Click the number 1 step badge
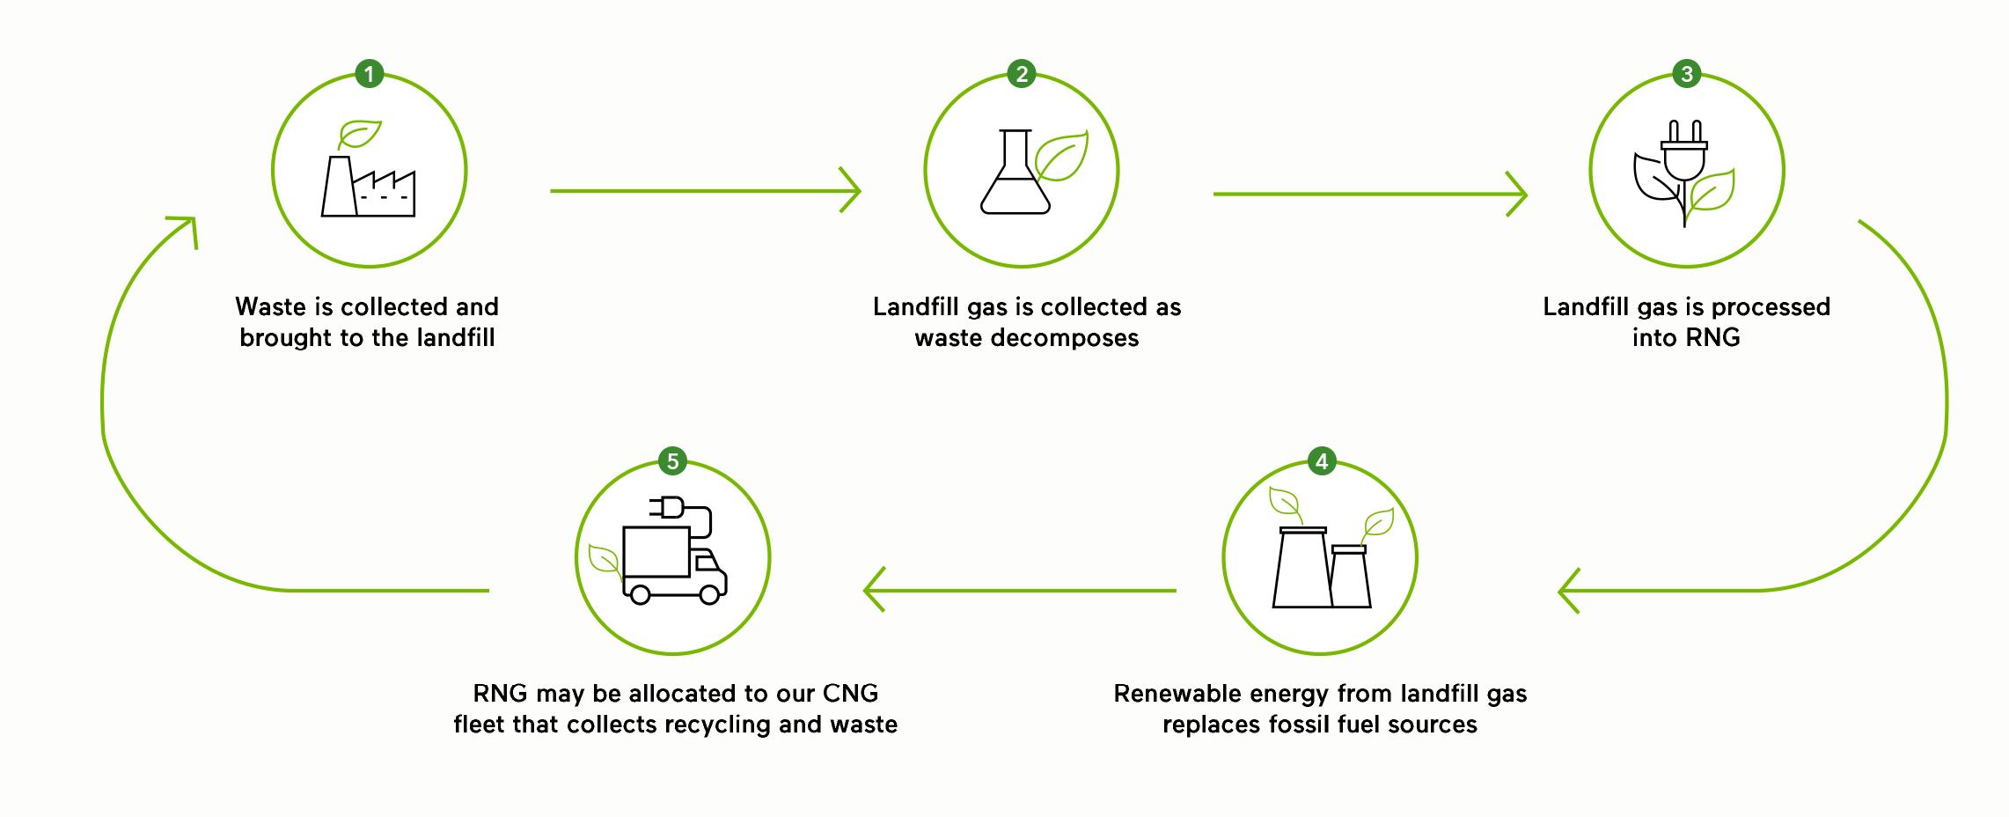[x=369, y=74]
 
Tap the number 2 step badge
[x=1021, y=74]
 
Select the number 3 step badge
[x=1686, y=74]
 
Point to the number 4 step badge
[x=1321, y=461]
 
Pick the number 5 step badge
[x=672, y=461]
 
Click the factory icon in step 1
[x=369, y=187]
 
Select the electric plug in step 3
[x=1683, y=155]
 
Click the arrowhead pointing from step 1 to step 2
[x=850, y=190]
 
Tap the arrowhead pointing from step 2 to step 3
[x=1515, y=194]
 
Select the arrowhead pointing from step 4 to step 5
[x=875, y=590]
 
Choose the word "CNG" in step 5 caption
[x=850, y=694]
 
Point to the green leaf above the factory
[x=359, y=134]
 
